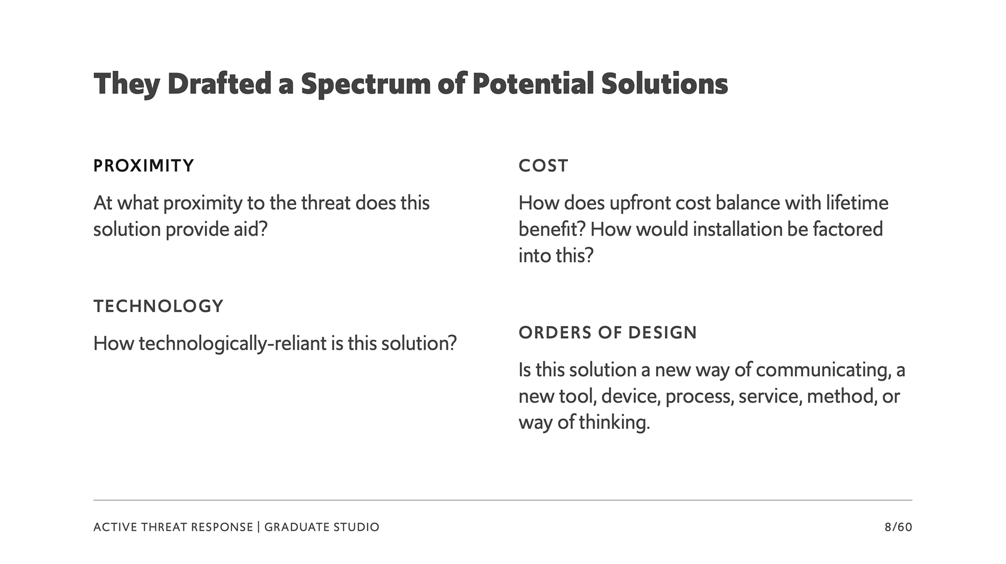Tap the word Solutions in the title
pyautogui.click(x=664, y=83)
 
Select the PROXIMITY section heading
pyautogui.click(x=144, y=166)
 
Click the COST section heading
pyautogui.click(x=543, y=166)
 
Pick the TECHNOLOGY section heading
pyautogui.click(x=158, y=306)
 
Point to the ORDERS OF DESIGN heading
pyautogui.click(x=608, y=332)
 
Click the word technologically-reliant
pyautogui.click(x=232, y=344)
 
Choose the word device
pyautogui.click(x=631, y=396)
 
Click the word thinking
pyautogui.click(x=614, y=422)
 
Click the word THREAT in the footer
pyautogui.click(x=162, y=527)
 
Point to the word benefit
pyautogui.click(x=552, y=229)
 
